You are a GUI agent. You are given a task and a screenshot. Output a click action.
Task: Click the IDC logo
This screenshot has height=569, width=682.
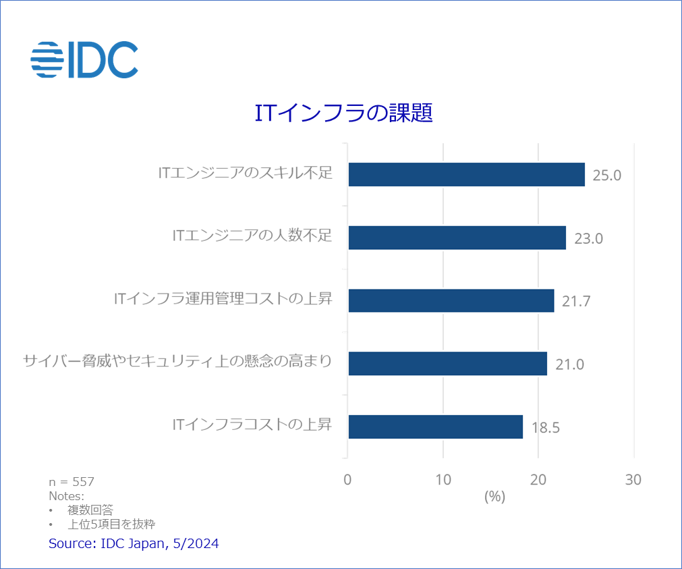point(84,59)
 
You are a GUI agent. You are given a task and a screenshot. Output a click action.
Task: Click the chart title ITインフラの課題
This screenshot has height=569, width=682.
point(343,113)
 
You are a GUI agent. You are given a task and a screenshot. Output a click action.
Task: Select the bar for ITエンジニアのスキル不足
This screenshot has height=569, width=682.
point(466,174)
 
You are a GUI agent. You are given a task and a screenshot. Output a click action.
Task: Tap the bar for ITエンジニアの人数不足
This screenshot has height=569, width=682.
point(457,238)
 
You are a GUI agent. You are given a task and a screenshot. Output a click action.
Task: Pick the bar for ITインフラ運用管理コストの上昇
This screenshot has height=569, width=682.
point(451,300)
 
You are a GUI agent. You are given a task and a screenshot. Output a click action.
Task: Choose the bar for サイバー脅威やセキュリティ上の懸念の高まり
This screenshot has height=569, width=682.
point(447,364)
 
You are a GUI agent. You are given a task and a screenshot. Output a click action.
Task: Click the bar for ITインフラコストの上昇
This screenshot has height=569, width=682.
point(435,427)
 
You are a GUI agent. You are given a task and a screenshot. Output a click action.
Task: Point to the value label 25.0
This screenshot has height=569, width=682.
point(606,175)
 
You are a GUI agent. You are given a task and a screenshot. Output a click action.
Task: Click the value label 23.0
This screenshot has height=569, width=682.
point(588,238)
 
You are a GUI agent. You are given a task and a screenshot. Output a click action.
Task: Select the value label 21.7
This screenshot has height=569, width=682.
point(576,302)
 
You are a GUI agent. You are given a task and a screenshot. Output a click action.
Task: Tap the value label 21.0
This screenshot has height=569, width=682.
point(569,364)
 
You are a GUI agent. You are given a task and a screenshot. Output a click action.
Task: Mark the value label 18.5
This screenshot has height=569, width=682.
point(546,428)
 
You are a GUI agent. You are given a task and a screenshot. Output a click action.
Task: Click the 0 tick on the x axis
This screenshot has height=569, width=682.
point(347,480)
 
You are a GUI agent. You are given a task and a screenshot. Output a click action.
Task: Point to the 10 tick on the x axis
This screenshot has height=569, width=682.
point(443,480)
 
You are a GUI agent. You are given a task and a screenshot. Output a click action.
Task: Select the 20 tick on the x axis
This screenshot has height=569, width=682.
point(538,480)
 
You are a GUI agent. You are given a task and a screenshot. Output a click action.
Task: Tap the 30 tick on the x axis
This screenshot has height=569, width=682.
point(633,480)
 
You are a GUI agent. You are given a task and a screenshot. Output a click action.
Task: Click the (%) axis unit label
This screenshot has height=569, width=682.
point(494,497)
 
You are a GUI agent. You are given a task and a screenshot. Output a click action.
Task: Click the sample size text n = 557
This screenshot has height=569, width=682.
point(72,482)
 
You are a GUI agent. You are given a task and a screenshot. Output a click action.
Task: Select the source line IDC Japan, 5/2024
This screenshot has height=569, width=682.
point(134,543)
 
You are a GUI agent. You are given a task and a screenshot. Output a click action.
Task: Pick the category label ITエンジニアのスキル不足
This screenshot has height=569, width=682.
point(246,173)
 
